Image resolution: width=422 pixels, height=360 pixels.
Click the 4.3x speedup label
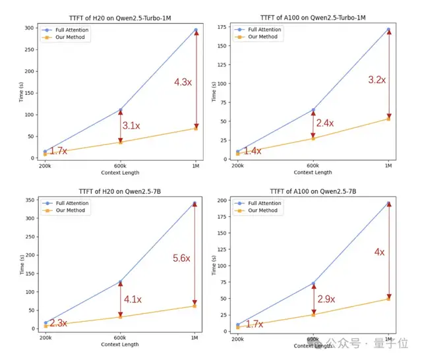click(x=183, y=82)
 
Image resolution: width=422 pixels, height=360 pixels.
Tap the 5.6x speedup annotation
click(x=182, y=258)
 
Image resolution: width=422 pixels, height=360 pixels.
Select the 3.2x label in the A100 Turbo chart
click(x=377, y=80)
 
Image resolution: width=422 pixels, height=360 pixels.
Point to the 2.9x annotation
click(x=325, y=299)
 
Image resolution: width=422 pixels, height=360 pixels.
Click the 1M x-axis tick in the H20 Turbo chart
click(x=195, y=165)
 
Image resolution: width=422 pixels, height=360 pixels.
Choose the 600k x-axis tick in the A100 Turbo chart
click(x=313, y=165)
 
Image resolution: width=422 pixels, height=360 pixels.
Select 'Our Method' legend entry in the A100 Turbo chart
click(x=264, y=37)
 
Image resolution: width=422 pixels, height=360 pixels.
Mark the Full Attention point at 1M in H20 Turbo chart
click(x=195, y=30)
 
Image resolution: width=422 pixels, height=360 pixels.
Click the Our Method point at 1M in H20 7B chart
click(x=195, y=305)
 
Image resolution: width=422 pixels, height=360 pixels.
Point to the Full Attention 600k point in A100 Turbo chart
click(x=313, y=109)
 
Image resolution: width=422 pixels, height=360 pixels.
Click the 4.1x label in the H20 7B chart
click(x=132, y=299)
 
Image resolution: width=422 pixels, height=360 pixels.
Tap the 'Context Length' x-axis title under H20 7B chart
click(x=120, y=344)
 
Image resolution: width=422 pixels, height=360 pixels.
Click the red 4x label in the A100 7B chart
click(x=380, y=252)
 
